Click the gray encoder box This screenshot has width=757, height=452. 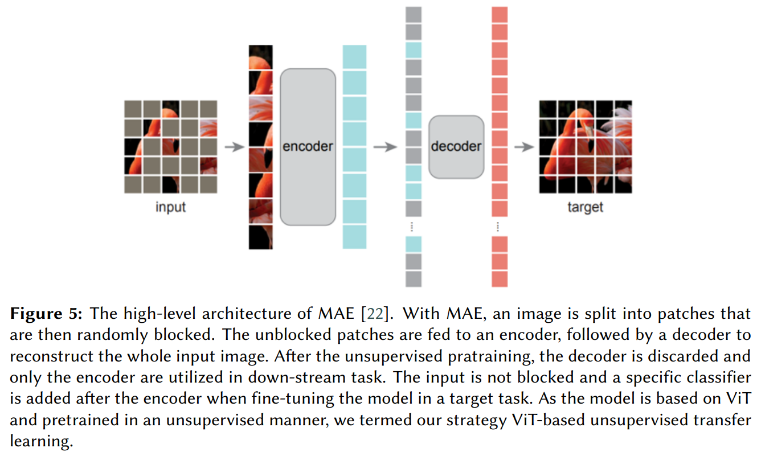(x=308, y=146)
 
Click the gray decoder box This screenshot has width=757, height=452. (x=456, y=146)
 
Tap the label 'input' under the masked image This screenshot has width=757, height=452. (x=170, y=207)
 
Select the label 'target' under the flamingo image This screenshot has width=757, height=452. (x=584, y=207)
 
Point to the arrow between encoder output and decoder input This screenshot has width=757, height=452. (x=385, y=147)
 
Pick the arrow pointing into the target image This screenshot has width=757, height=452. (x=523, y=147)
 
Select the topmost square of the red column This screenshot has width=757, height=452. (x=499, y=15)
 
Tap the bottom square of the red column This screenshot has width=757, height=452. (x=499, y=279)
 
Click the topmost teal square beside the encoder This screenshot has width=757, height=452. (x=354, y=57)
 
